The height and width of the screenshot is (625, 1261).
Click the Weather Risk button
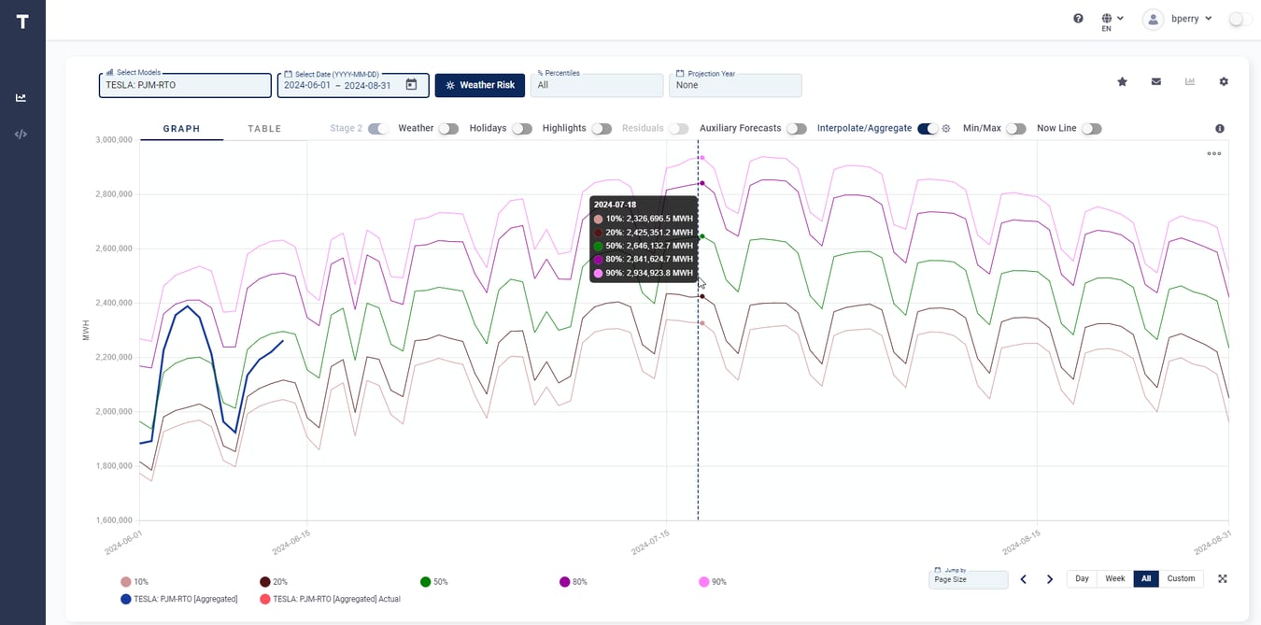coord(480,85)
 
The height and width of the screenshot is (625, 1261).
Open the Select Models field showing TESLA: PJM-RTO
coord(185,85)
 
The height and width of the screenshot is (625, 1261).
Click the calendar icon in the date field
coord(411,85)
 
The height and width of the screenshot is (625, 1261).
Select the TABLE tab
coord(264,129)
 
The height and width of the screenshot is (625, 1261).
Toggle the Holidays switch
coord(521,129)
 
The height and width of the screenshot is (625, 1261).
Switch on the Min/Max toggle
coord(1015,129)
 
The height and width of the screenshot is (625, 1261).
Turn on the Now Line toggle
coord(1091,129)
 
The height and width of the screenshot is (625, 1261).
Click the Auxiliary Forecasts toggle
coord(796,129)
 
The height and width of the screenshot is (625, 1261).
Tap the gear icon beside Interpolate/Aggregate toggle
coord(946,129)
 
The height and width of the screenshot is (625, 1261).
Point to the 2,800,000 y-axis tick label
coord(109,194)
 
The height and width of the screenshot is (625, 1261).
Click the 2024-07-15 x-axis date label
coord(650,543)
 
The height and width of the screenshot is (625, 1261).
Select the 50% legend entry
coord(433,582)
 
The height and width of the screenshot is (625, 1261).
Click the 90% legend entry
coord(712,582)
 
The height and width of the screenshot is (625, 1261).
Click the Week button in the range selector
coord(1114,579)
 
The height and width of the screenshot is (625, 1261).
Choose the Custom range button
coord(1181,579)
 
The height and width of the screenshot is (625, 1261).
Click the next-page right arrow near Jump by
coord(1050,579)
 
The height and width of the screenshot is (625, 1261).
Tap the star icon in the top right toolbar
coord(1122,82)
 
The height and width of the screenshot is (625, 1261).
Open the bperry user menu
coord(1179,19)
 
